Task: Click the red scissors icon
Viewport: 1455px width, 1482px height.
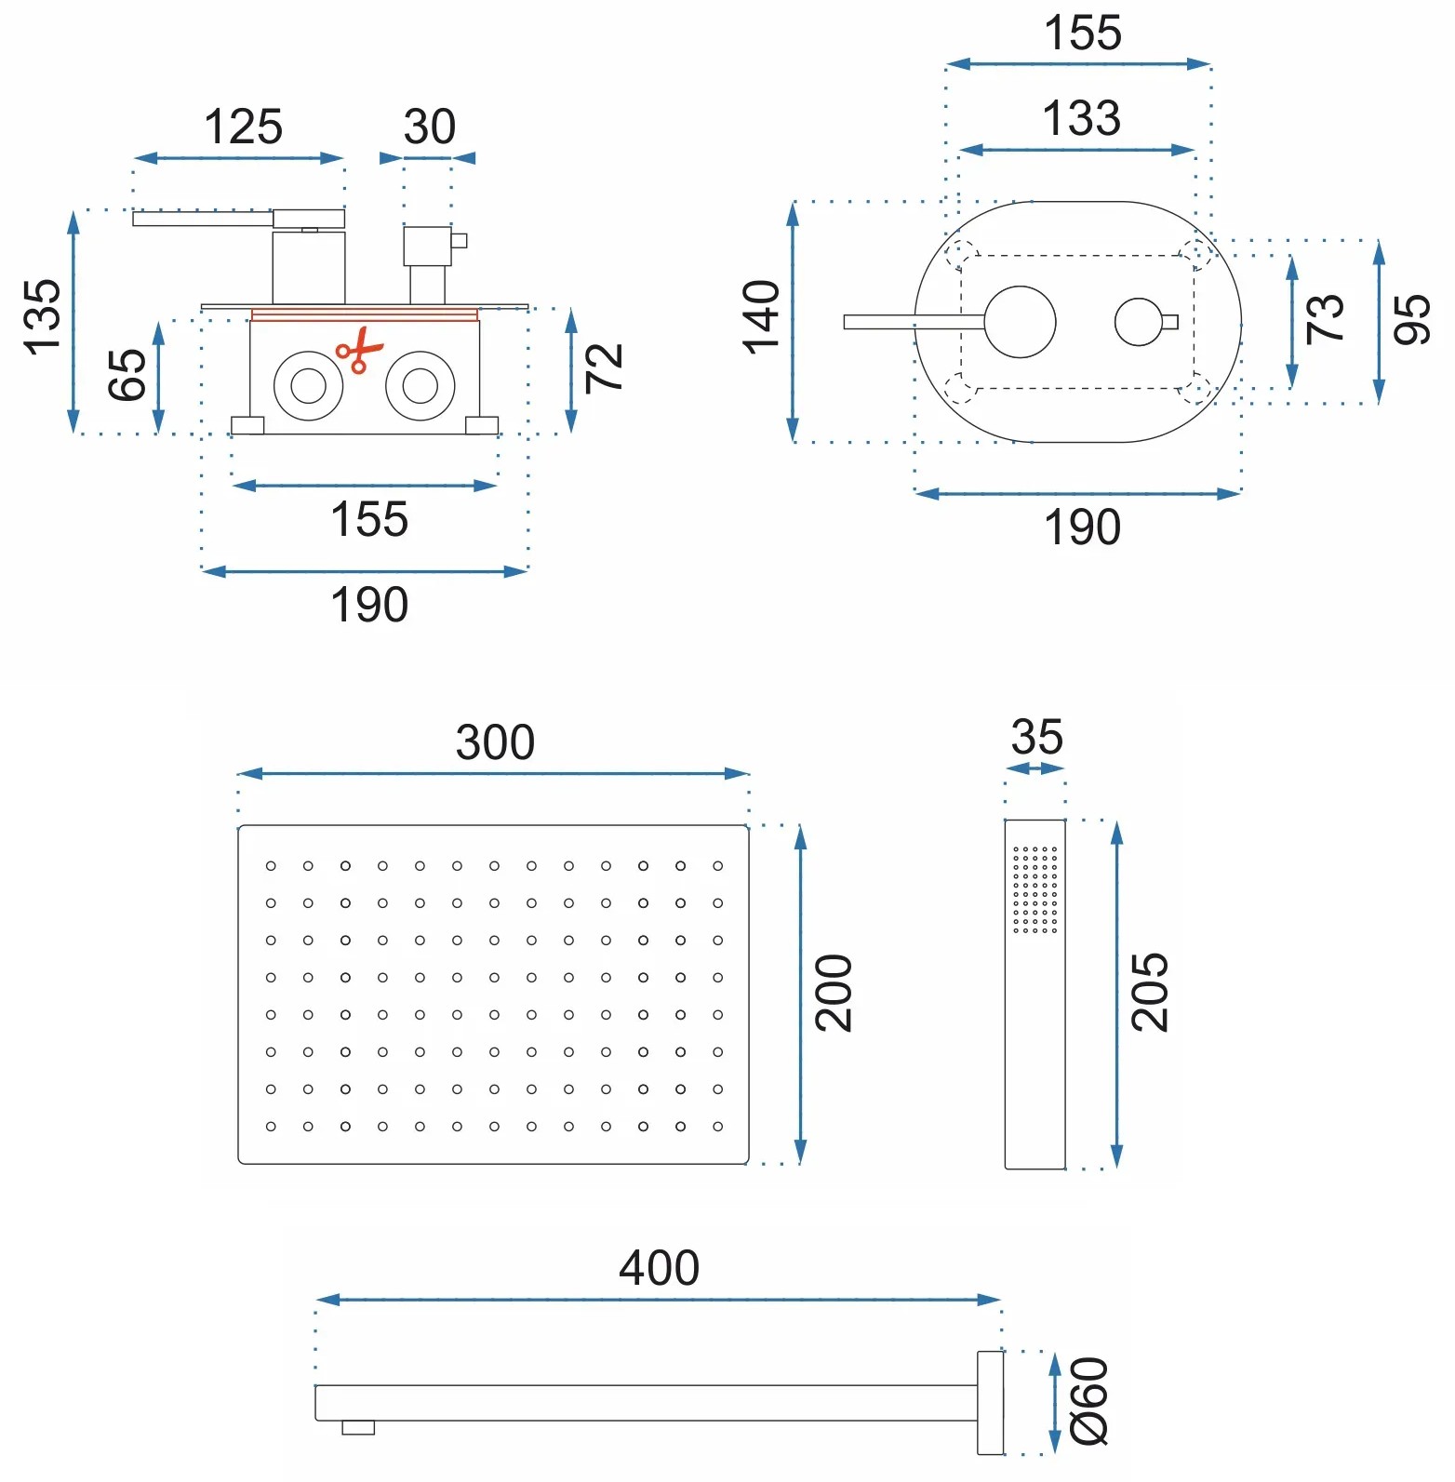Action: point(359,351)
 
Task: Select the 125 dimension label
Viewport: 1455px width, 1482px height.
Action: point(243,127)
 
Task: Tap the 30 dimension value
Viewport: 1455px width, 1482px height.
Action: point(429,127)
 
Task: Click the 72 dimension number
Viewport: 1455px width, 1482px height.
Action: point(605,367)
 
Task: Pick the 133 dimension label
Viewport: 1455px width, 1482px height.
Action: point(1081,119)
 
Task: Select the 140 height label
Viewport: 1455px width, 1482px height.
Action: point(761,317)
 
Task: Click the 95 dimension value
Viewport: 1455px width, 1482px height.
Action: point(1412,320)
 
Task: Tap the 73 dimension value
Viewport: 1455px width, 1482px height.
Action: point(1325,318)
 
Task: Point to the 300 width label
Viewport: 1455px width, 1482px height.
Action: point(495,742)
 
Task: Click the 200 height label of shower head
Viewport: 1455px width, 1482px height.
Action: point(834,993)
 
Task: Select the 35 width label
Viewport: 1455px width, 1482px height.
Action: point(1036,738)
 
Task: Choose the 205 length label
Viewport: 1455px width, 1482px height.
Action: point(1150,992)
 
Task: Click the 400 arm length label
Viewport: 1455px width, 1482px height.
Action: point(659,1268)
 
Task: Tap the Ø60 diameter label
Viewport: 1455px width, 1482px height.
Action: point(1089,1401)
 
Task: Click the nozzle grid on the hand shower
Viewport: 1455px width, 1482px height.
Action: point(1035,888)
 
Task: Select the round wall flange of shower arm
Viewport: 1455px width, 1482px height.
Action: point(990,1403)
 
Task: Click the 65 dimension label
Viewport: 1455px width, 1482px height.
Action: point(127,375)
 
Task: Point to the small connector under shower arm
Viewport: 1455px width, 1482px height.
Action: point(358,1427)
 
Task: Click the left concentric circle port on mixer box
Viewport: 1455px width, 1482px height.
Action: point(308,385)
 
